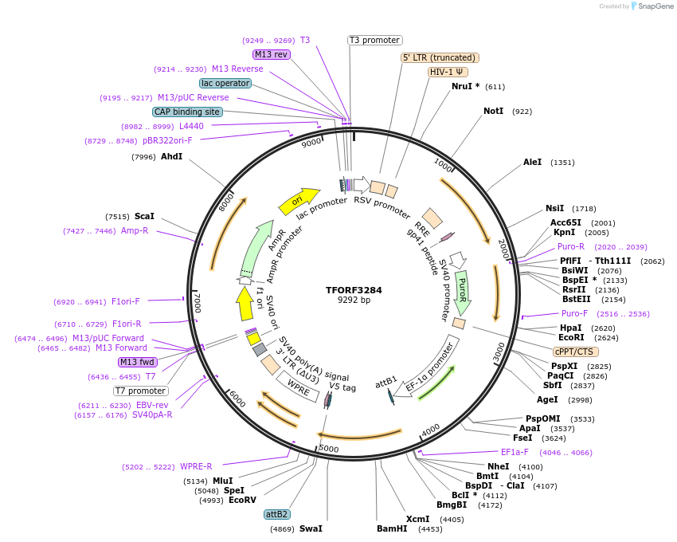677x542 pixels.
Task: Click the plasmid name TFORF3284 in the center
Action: pos(354,289)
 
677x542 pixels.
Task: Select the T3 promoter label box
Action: pos(375,40)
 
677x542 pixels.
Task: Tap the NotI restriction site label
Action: pos(493,111)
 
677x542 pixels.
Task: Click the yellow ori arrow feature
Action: pos(299,201)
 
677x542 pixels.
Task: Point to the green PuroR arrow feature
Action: pos(462,292)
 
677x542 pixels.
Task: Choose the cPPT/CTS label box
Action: pos(575,352)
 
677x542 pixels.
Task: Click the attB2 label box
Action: pos(277,515)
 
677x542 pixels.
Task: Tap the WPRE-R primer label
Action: pos(196,466)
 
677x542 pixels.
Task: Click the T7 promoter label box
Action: pos(140,391)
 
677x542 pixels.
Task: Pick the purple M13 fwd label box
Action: pos(138,362)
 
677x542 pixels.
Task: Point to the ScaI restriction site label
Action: pos(144,216)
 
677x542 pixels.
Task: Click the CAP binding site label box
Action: pos(187,112)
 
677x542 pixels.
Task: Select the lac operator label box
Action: pos(225,83)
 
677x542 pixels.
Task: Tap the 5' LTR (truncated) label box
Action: pos(439,57)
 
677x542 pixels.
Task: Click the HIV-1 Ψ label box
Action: pos(448,72)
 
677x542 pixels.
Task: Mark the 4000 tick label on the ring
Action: pos(430,430)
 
